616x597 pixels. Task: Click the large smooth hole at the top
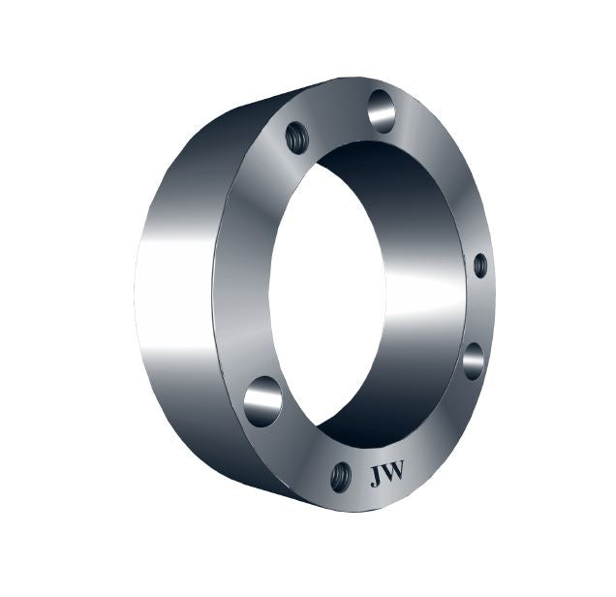click(382, 110)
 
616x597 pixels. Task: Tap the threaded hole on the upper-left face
click(297, 137)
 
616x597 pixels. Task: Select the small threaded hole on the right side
click(479, 265)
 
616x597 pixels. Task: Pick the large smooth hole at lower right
click(473, 361)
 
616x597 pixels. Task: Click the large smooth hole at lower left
click(262, 400)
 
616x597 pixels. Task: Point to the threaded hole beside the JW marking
click(340, 476)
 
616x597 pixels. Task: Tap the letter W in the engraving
click(394, 474)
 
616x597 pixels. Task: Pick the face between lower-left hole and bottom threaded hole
click(295, 446)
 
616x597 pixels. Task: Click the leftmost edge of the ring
click(136, 291)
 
